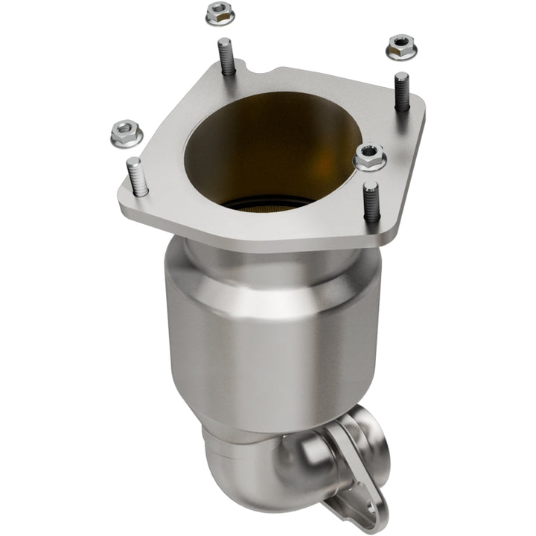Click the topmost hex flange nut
click(x=217, y=12)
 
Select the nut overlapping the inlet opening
click(x=368, y=156)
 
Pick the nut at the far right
click(x=401, y=48)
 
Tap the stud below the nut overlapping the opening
click(x=371, y=201)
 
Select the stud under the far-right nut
click(x=402, y=91)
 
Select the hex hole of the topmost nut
click(x=217, y=10)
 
